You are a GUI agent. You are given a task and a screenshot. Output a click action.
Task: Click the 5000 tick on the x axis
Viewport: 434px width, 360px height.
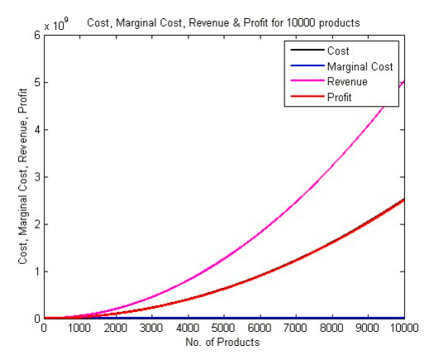(x=224, y=328)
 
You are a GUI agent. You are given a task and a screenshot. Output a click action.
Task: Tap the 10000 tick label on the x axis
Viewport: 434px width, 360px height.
(x=403, y=328)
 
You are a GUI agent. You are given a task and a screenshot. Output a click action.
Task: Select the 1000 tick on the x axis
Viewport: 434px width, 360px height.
(x=80, y=328)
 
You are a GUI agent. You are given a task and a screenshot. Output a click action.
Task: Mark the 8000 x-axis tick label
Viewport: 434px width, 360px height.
(x=332, y=328)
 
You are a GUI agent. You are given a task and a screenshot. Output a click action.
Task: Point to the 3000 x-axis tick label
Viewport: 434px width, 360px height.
(x=152, y=328)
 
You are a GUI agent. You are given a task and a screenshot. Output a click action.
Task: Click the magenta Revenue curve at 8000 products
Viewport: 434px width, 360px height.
(x=332, y=167)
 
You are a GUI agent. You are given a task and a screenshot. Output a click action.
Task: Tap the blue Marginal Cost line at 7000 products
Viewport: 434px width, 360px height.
(x=296, y=318)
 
